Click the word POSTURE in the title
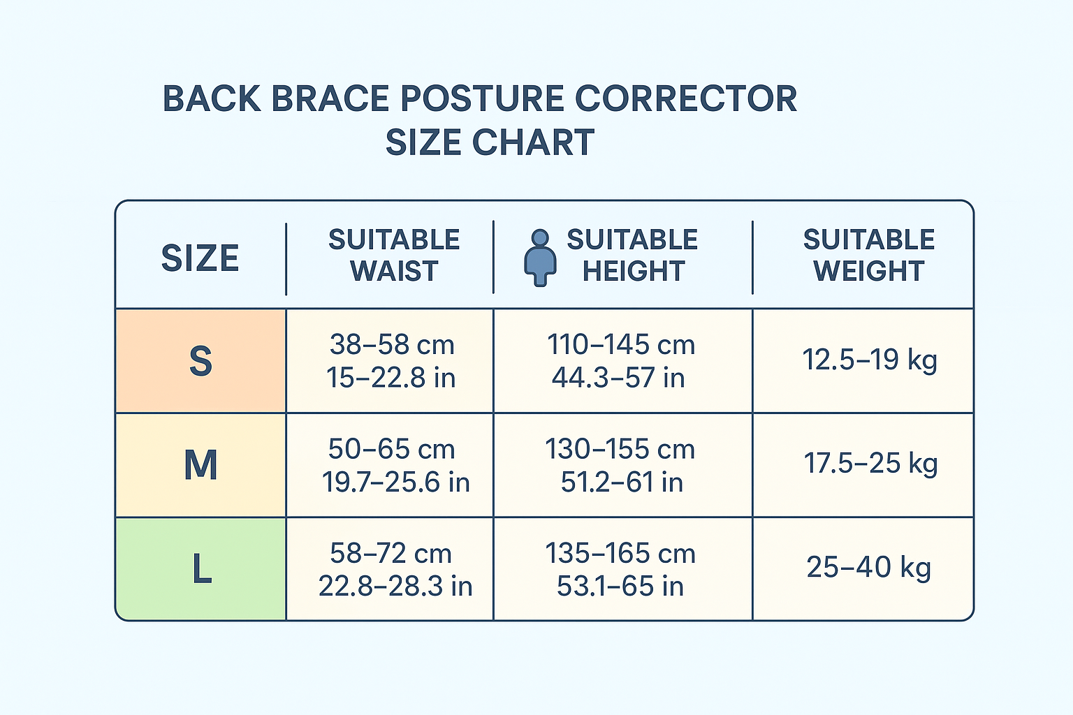click(x=483, y=98)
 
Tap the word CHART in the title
click(x=534, y=142)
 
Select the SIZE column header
click(x=200, y=258)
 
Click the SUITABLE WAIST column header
click(x=394, y=256)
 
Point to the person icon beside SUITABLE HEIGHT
click(x=540, y=258)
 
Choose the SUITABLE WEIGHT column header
click(x=869, y=256)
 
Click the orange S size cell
click(x=200, y=360)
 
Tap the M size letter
click(x=200, y=464)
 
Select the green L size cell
click(x=200, y=569)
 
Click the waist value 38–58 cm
click(x=392, y=344)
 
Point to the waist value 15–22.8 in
click(x=391, y=377)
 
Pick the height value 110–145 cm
click(x=621, y=344)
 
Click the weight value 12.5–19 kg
click(x=870, y=360)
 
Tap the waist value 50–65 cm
click(x=391, y=449)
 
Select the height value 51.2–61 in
click(x=622, y=482)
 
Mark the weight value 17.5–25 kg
click(x=870, y=464)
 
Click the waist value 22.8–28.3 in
click(x=395, y=586)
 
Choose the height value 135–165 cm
click(x=620, y=554)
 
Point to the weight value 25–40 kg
click(x=868, y=568)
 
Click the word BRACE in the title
click(x=330, y=98)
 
